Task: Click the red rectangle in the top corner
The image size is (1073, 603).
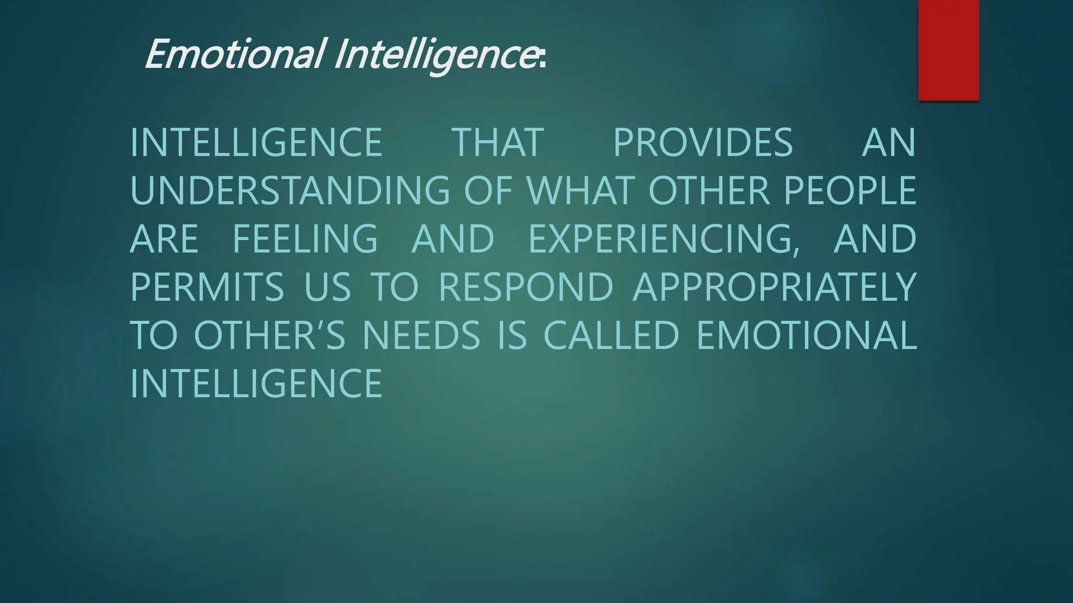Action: [948, 50]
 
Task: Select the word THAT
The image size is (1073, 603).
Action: [498, 142]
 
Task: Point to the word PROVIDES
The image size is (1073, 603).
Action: [703, 142]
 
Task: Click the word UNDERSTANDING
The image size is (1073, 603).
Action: [290, 191]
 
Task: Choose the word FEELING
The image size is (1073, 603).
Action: [305, 239]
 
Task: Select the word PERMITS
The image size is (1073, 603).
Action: [207, 287]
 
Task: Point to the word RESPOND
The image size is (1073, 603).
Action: [525, 287]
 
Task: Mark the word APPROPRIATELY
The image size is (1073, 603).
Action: [775, 287]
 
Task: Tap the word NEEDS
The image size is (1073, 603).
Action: [421, 335]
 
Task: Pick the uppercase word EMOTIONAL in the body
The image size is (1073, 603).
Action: [806, 335]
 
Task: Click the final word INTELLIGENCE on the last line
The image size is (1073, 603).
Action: [256, 383]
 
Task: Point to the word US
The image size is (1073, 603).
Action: [327, 287]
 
